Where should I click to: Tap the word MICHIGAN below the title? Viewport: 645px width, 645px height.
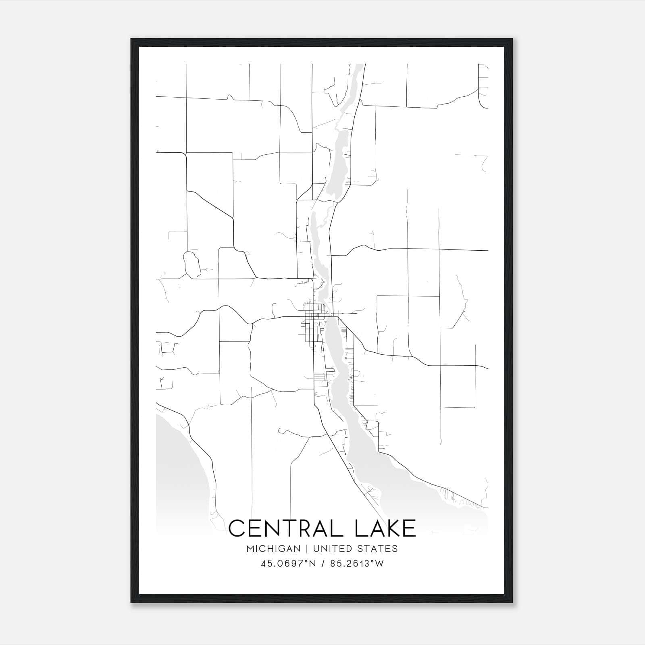pos(274,549)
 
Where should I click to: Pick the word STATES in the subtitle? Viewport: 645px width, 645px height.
pos(378,549)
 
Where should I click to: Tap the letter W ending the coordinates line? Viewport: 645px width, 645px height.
pos(379,564)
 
